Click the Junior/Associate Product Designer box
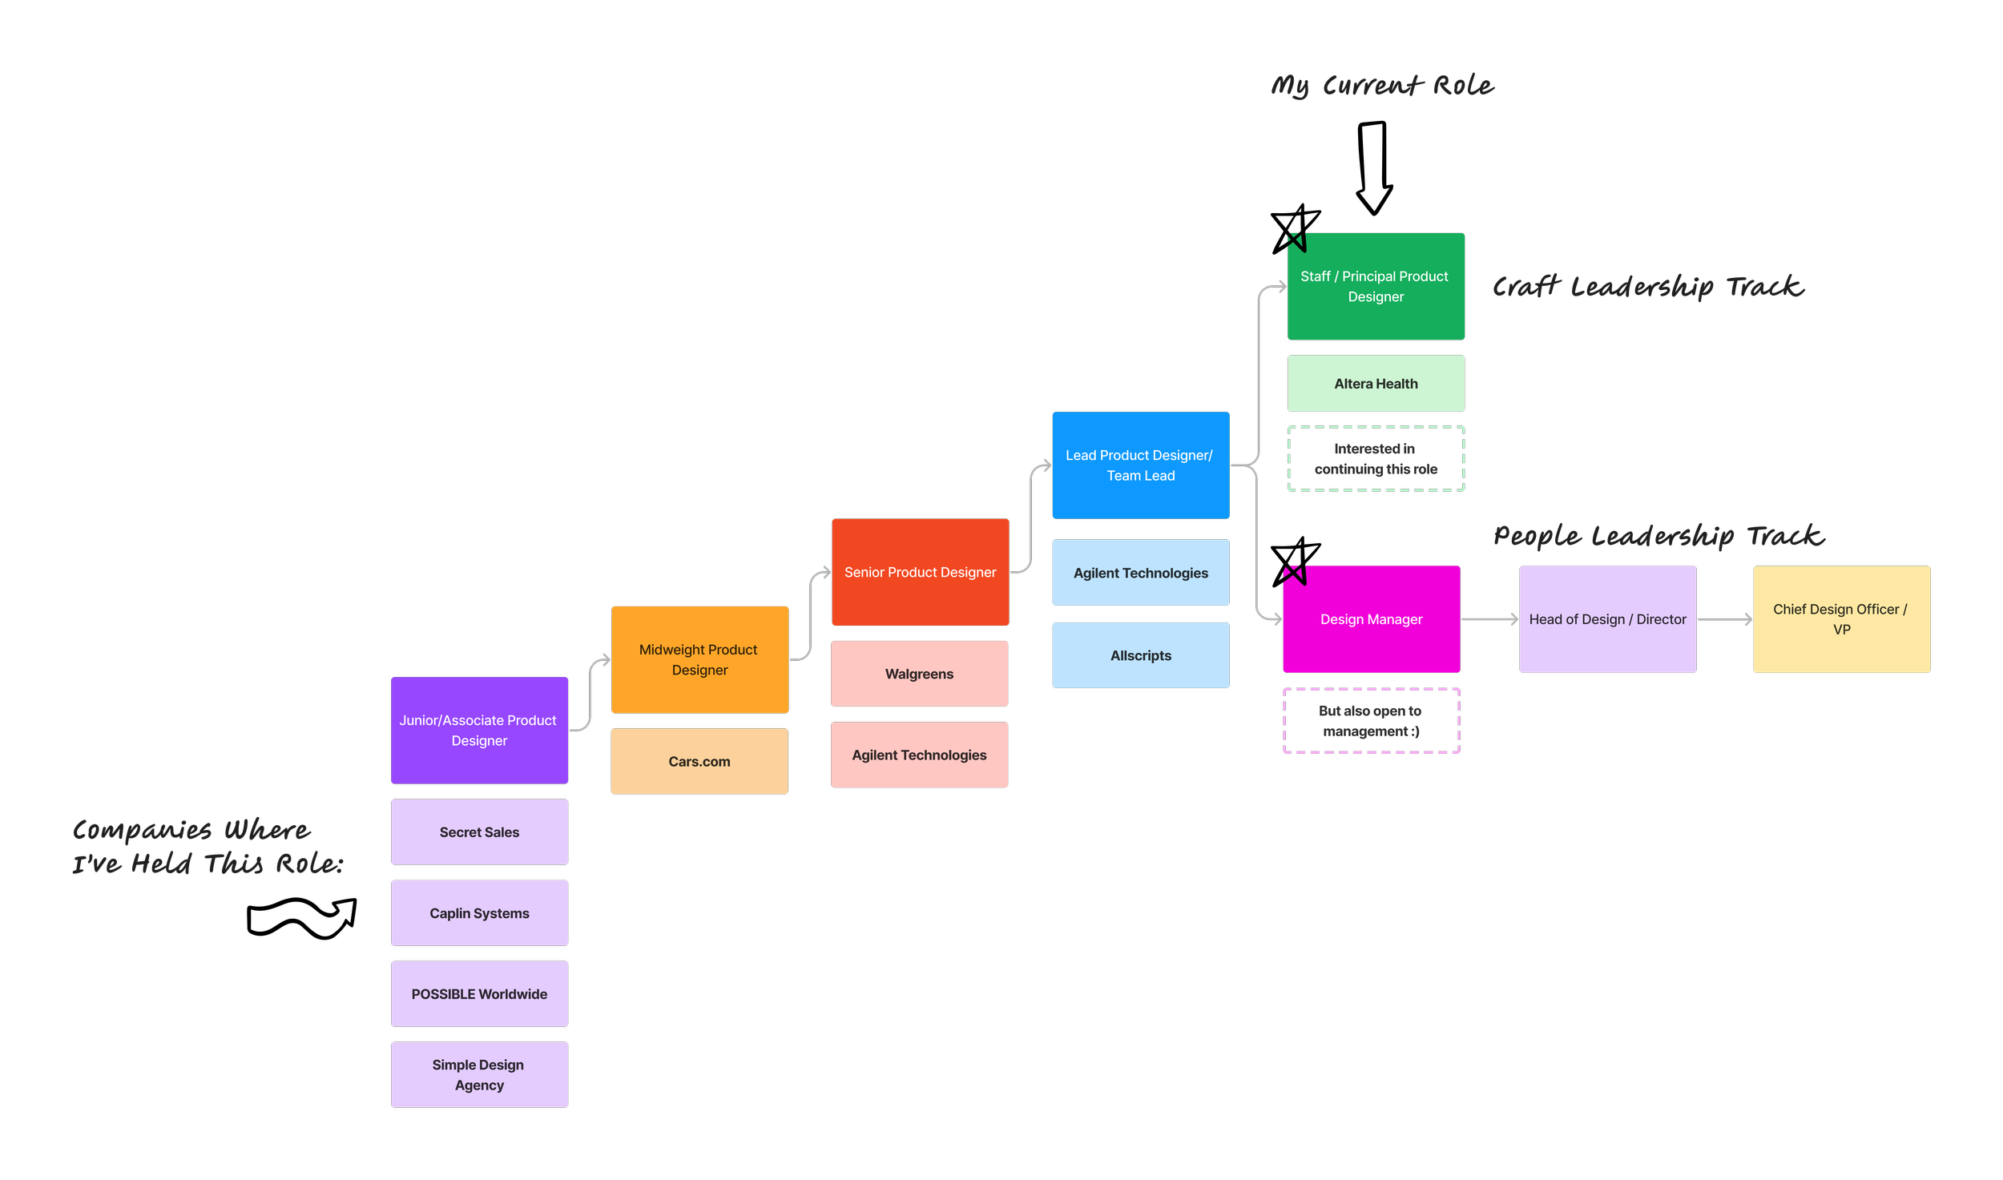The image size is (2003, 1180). point(479,730)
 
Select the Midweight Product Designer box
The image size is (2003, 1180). point(699,659)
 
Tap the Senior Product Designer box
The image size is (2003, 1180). point(920,572)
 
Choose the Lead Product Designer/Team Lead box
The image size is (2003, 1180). point(1140,465)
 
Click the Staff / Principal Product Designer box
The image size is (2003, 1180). point(1376,286)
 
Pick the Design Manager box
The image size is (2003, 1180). point(1371,619)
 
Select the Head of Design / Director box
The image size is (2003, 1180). point(1607,619)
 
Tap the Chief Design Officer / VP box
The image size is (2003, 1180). point(1841,619)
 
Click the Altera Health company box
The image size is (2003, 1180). point(1376,384)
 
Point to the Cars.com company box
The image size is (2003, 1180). point(699,761)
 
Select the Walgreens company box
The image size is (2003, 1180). point(919,674)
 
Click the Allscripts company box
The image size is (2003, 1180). point(1140,655)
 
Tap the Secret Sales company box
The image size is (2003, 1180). point(479,832)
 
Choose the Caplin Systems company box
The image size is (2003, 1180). point(479,913)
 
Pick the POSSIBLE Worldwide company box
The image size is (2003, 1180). point(479,994)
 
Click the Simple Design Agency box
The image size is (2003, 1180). point(479,1075)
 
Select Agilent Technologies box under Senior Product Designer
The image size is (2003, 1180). point(919,755)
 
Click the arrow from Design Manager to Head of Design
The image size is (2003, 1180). point(1489,619)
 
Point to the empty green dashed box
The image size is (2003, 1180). point(1376,459)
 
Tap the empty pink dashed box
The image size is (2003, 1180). point(1371,721)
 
